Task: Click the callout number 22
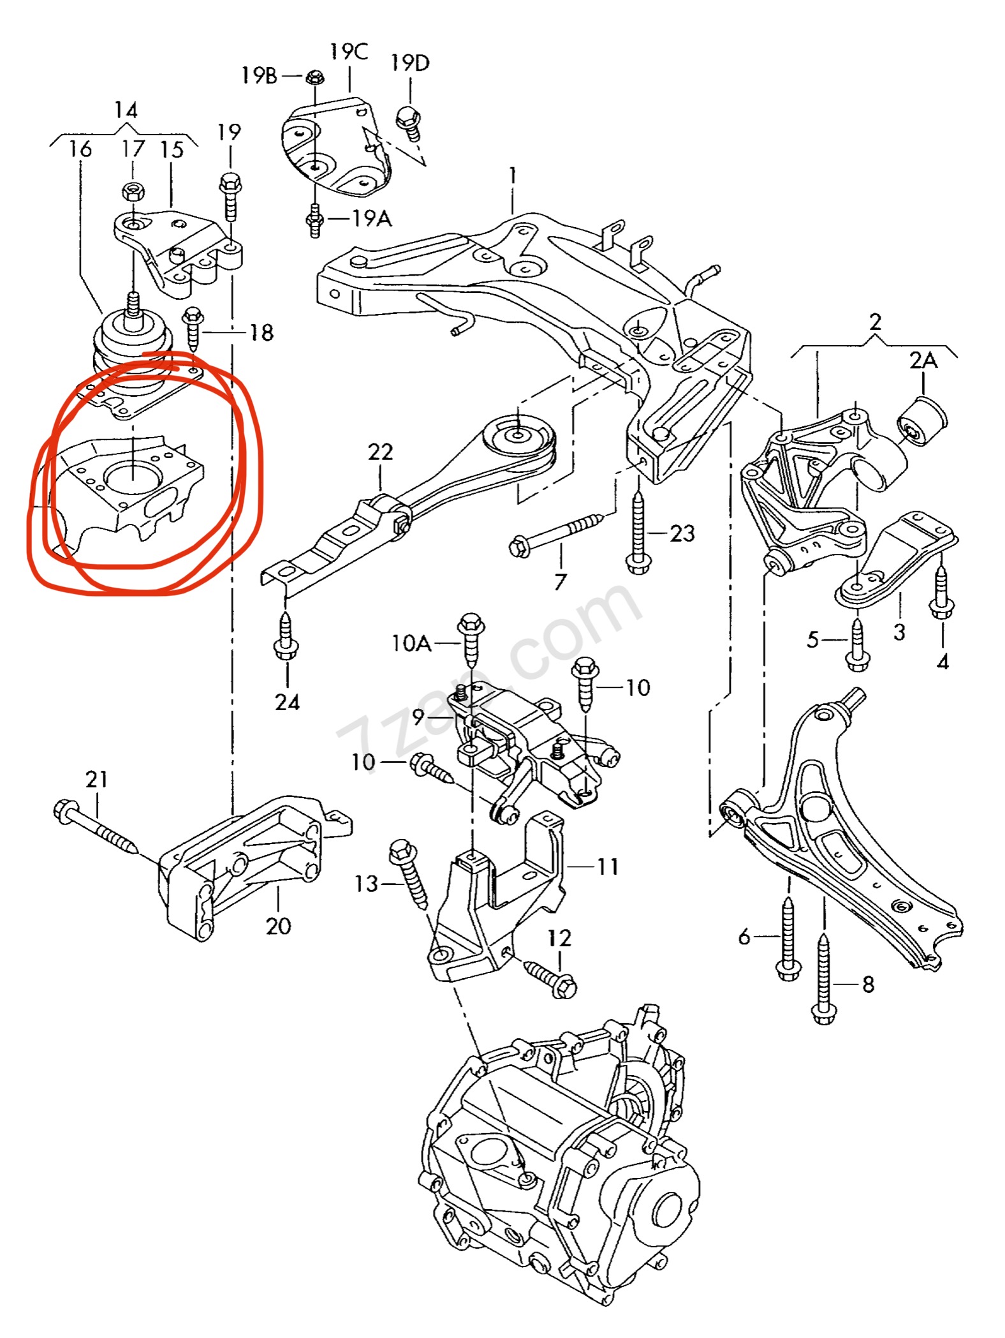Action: click(x=380, y=452)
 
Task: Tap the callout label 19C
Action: click(x=349, y=52)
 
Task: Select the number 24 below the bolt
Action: click(x=287, y=702)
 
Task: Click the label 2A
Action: click(x=923, y=361)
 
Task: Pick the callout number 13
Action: click(x=367, y=884)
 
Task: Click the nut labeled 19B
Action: click(x=314, y=78)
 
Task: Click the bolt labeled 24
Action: click(x=286, y=636)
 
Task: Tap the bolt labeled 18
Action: click(x=192, y=329)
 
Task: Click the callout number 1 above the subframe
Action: click(x=512, y=176)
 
